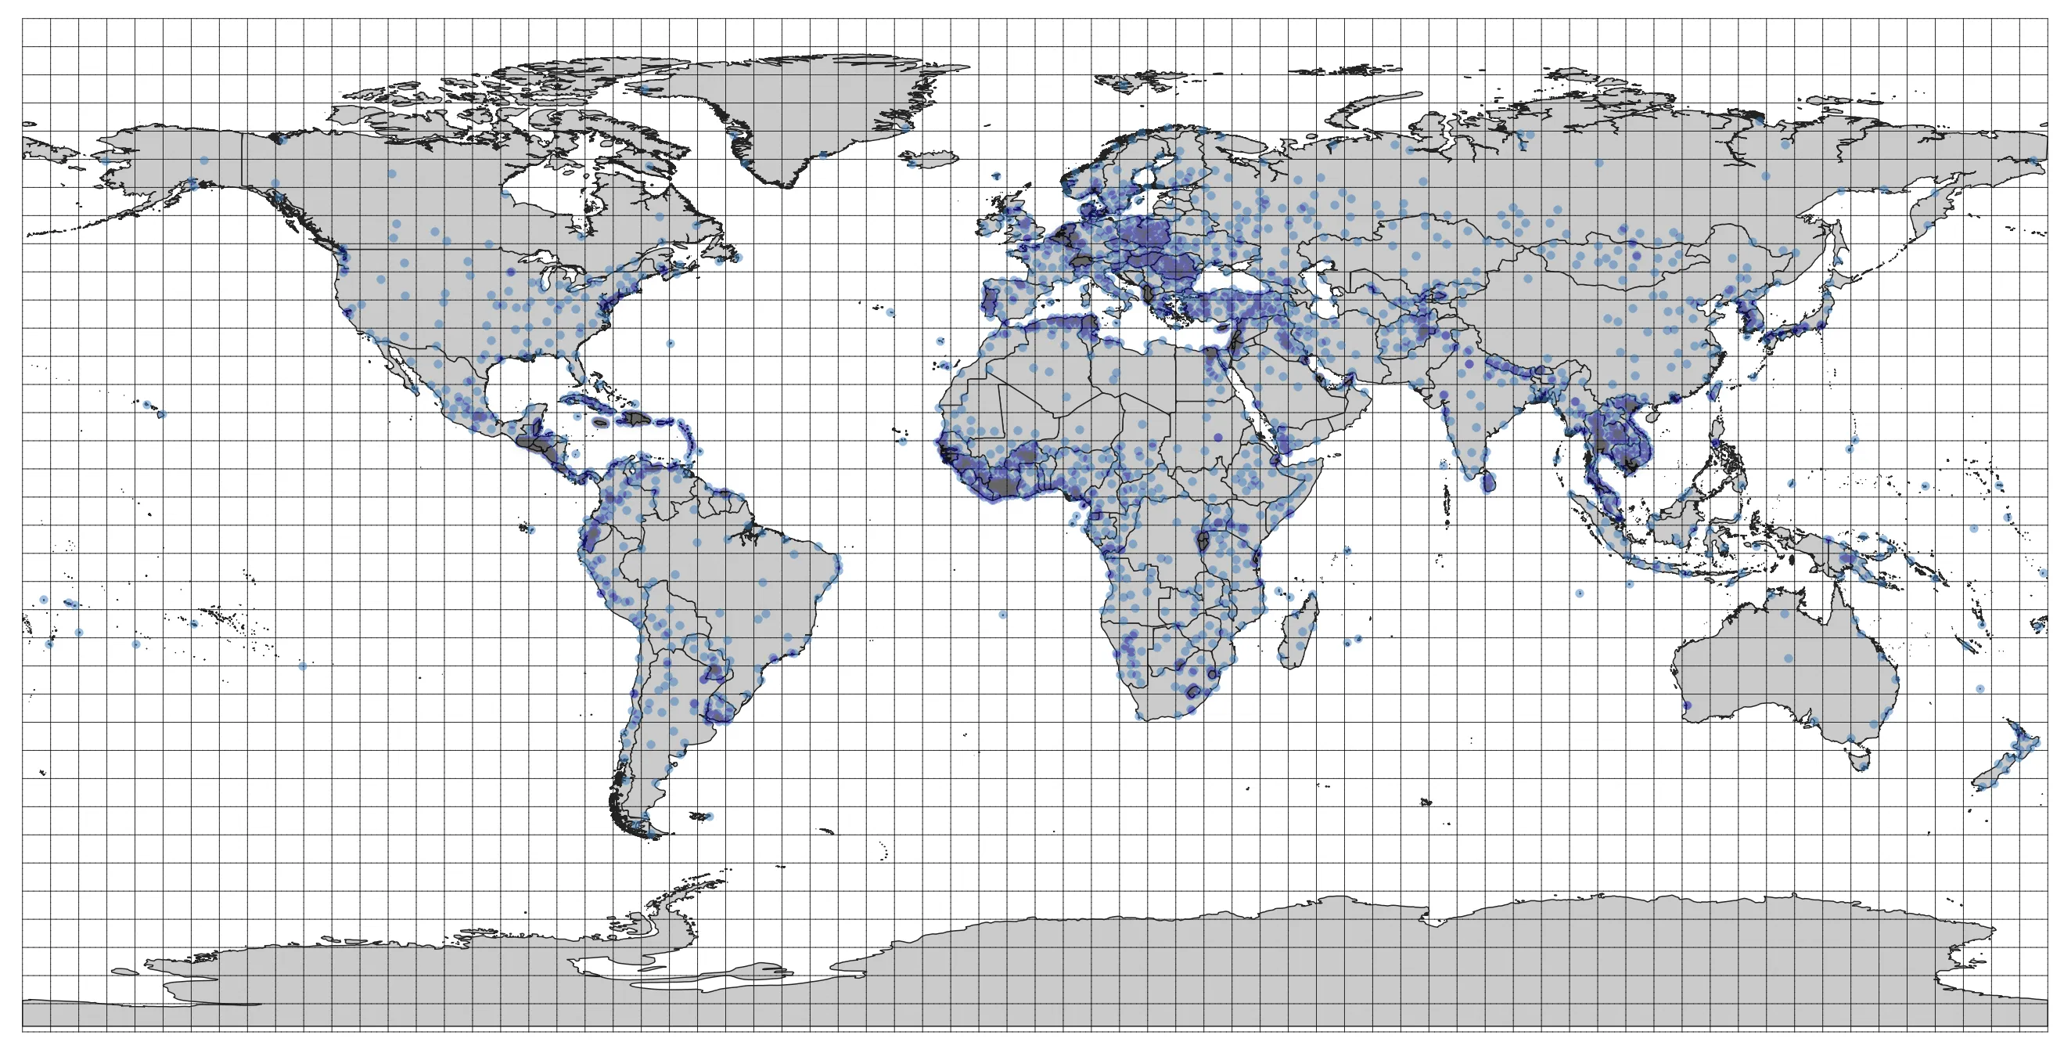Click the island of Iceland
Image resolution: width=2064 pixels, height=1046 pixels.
click(x=930, y=160)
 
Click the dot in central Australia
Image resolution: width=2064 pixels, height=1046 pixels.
click(x=1789, y=658)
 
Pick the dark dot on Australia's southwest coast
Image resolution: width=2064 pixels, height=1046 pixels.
click(x=1688, y=705)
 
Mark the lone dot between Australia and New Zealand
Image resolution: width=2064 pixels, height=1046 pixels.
click(x=1979, y=688)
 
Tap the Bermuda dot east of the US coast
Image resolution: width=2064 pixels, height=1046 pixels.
click(x=670, y=343)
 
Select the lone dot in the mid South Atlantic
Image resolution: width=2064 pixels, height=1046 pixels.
click(x=1002, y=615)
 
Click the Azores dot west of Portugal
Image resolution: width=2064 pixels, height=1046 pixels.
click(x=890, y=312)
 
